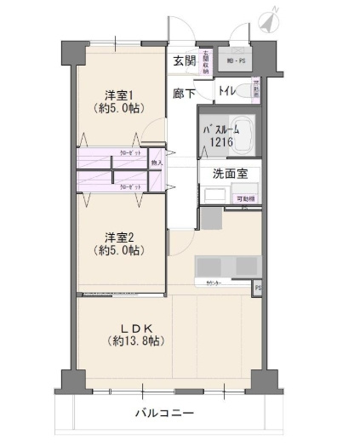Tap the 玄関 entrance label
(x=184, y=60)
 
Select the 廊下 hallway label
(x=184, y=90)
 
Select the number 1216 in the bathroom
(x=214, y=143)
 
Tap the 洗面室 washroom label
(x=229, y=173)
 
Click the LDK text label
(x=135, y=327)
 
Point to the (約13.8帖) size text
(x=136, y=340)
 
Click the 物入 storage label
(x=156, y=162)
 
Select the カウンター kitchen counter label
(x=215, y=282)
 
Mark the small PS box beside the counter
(x=257, y=289)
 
